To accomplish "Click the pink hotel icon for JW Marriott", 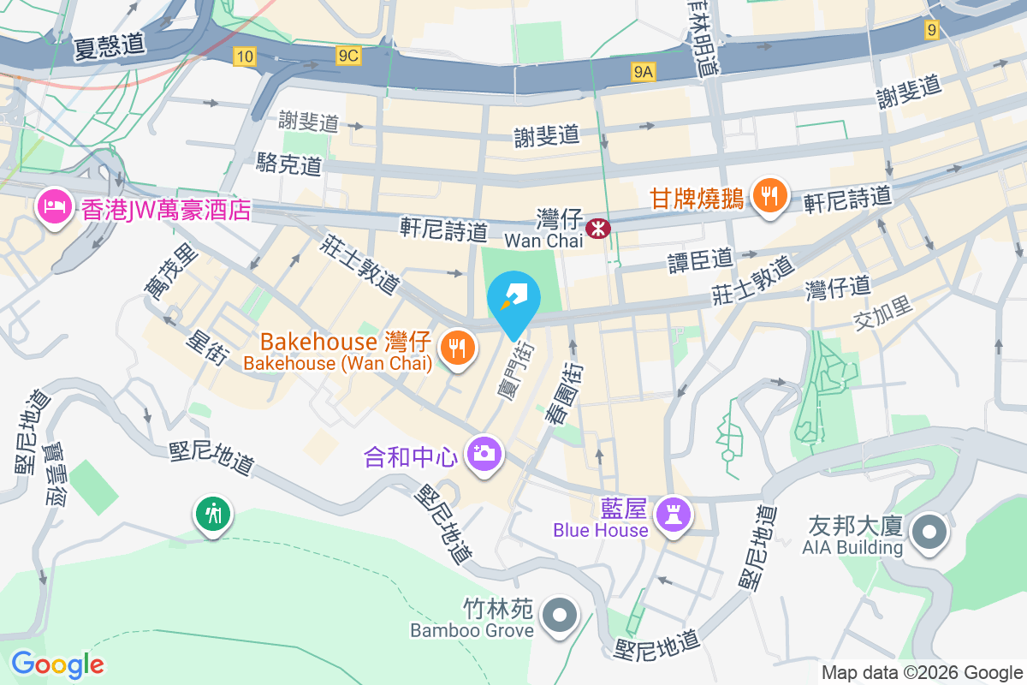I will (56, 208).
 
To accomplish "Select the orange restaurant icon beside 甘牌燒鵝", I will (770, 197).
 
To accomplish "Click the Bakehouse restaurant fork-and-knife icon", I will (458, 348).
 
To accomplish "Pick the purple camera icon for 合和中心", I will (484, 452).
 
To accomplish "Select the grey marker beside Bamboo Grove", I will (560, 614).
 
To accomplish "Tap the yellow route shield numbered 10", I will (245, 57).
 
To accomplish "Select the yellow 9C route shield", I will (348, 57).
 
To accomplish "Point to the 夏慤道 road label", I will (109, 45).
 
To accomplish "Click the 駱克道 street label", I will (289, 164).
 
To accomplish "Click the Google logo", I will (57, 664).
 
